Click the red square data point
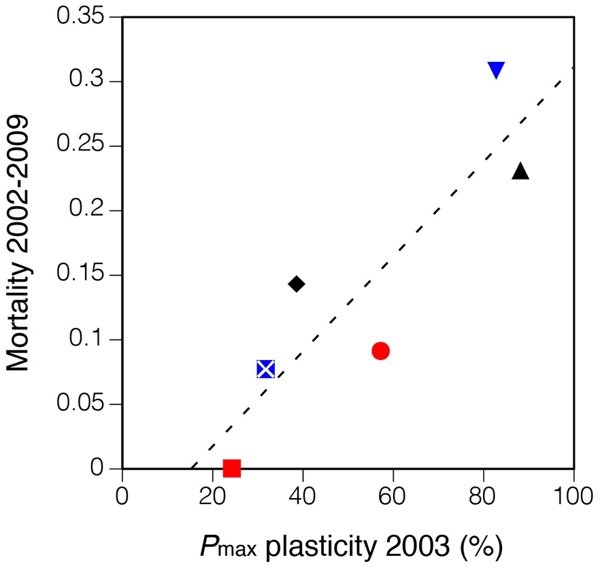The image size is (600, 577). (232, 468)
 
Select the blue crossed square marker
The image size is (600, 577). (265, 369)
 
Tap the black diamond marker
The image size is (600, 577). (296, 284)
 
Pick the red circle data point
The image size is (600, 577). (380, 351)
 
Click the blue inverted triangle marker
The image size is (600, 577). (496, 70)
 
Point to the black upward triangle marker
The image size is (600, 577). (520, 171)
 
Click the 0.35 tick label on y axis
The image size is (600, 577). (84, 17)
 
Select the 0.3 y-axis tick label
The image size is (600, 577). (92, 82)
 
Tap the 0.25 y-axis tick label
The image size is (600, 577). (84, 146)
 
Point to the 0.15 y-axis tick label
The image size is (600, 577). (84, 275)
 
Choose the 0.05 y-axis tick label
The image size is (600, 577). (84, 404)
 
